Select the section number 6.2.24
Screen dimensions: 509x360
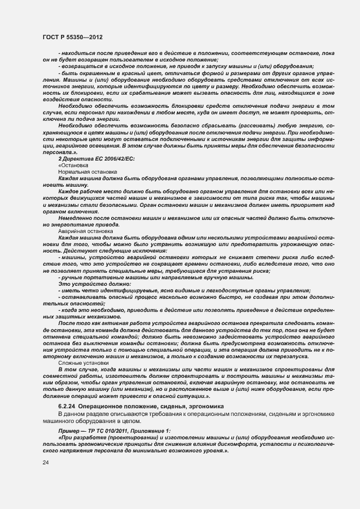point(67,406)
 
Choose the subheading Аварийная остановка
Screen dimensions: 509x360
point(84,231)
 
